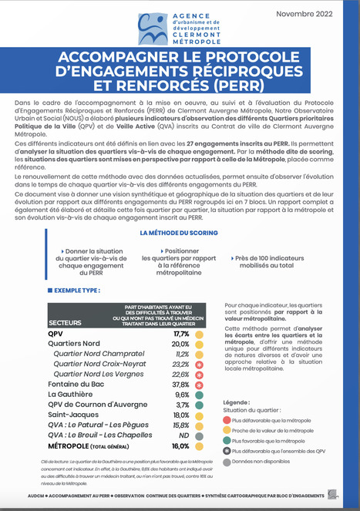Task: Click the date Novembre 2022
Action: point(311,13)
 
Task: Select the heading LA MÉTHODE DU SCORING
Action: point(180,231)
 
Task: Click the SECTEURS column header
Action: point(66,321)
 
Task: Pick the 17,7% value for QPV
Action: point(181,335)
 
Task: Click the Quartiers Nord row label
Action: point(74,344)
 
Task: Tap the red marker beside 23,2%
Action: point(199,364)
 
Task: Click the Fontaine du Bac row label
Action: point(76,384)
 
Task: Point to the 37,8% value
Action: point(181,384)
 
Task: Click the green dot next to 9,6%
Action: point(199,394)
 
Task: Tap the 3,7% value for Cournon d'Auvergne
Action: point(183,405)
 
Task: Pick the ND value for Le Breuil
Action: point(183,435)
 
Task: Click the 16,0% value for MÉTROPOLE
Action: point(181,445)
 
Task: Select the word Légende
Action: point(234,402)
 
